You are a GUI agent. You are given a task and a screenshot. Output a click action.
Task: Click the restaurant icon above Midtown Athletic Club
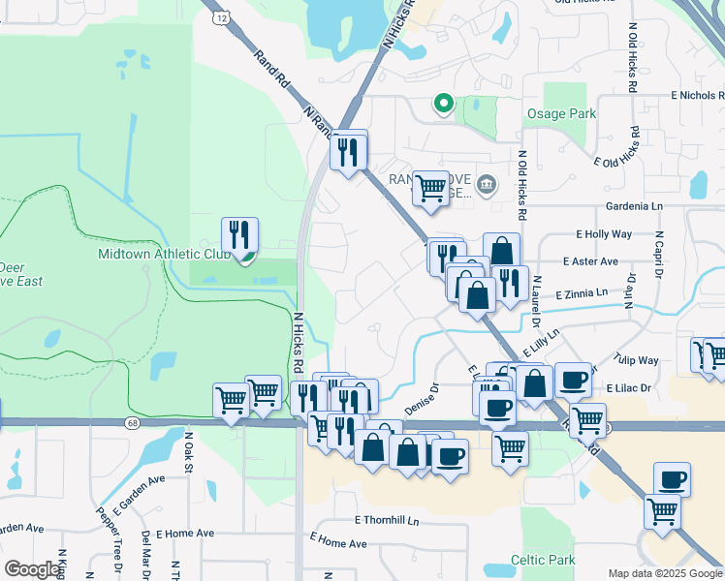[x=239, y=235]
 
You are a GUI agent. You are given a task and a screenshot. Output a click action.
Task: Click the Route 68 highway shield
[x=133, y=423]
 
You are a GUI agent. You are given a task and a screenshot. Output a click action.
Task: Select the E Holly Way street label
[x=604, y=234]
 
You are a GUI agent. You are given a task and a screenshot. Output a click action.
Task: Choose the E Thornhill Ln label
[x=386, y=520]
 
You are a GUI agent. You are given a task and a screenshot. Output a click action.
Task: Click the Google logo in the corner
[x=32, y=569]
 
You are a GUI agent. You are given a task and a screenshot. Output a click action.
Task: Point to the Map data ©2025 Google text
[x=664, y=573]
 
